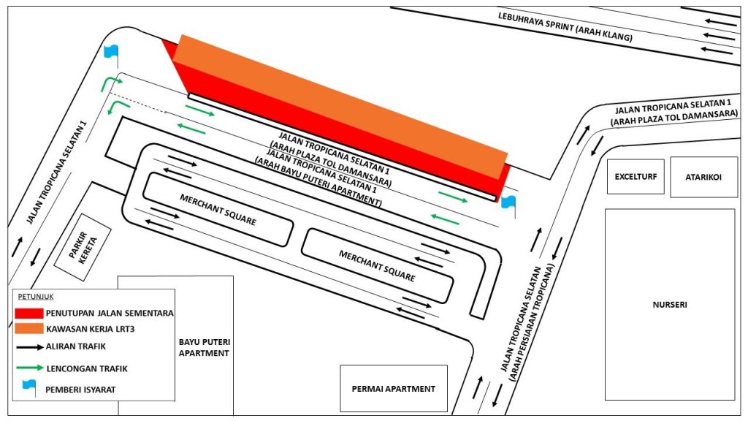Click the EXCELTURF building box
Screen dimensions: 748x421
[636, 177]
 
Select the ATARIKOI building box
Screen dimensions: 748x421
[703, 177]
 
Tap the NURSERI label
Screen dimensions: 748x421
[670, 305]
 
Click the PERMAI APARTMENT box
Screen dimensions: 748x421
[394, 389]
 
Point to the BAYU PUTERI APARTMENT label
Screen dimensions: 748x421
[205, 347]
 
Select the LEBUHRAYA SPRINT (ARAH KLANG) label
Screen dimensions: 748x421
[565, 27]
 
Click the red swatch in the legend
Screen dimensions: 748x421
[28, 313]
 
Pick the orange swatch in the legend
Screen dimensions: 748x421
[28, 328]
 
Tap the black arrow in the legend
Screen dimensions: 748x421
[29, 347]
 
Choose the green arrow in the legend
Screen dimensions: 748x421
[29, 368]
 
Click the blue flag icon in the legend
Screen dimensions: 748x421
[29, 387]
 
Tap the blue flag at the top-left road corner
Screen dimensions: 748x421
[111, 54]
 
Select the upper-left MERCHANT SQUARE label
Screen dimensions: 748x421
[218, 210]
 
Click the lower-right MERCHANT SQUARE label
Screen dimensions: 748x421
[377, 266]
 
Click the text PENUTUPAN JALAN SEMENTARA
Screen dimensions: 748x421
[110, 313]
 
